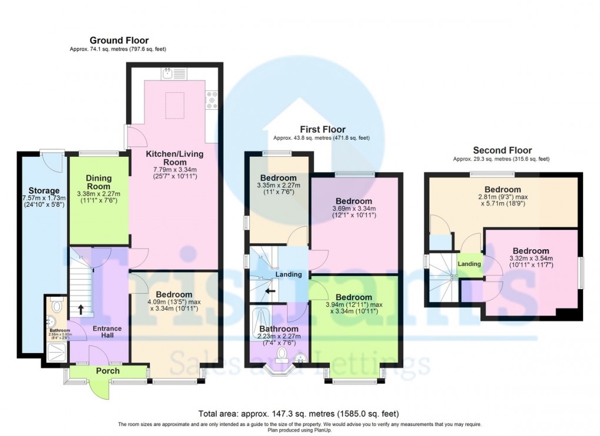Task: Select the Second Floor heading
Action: tap(502, 150)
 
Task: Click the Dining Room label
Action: tap(98, 182)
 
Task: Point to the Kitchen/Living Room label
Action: tap(175, 157)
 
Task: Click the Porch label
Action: tap(108, 371)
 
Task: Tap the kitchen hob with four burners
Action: tap(212, 100)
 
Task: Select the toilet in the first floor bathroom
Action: tap(282, 353)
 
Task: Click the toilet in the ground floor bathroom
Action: tap(56, 306)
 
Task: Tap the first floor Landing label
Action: tap(288, 274)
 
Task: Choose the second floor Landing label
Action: tap(469, 264)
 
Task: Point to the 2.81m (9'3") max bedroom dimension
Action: tap(502, 197)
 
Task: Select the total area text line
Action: tap(299, 412)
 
